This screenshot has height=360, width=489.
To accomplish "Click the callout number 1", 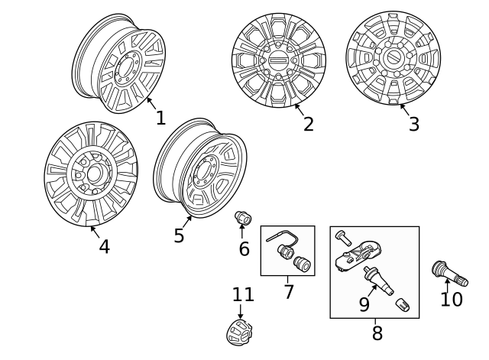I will pyautogui.click(x=160, y=118).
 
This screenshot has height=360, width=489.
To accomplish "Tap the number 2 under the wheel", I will pyautogui.click(x=308, y=124).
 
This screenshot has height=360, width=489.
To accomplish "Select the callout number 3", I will pyautogui.click(x=413, y=124).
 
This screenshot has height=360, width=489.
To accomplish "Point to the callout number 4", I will pyautogui.click(x=104, y=246).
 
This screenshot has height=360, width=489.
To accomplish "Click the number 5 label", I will pyautogui.click(x=179, y=235).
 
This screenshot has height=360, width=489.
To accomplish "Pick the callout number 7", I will pyautogui.click(x=288, y=291).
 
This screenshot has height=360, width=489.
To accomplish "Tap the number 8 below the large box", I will pyautogui.click(x=377, y=333).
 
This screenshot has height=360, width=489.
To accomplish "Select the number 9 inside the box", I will pyautogui.click(x=364, y=305).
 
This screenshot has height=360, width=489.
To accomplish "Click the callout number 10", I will pyautogui.click(x=452, y=299).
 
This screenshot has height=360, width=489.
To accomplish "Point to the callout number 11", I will pyautogui.click(x=242, y=294).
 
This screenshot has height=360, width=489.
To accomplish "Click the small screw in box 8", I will pyautogui.click(x=342, y=238).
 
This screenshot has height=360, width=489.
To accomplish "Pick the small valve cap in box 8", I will pyautogui.click(x=402, y=306).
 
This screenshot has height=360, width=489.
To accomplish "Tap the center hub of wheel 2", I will pyautogui.click(x=279, y=60).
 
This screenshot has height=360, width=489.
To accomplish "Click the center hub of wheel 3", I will pyautogui.click(x=393, y=58).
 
